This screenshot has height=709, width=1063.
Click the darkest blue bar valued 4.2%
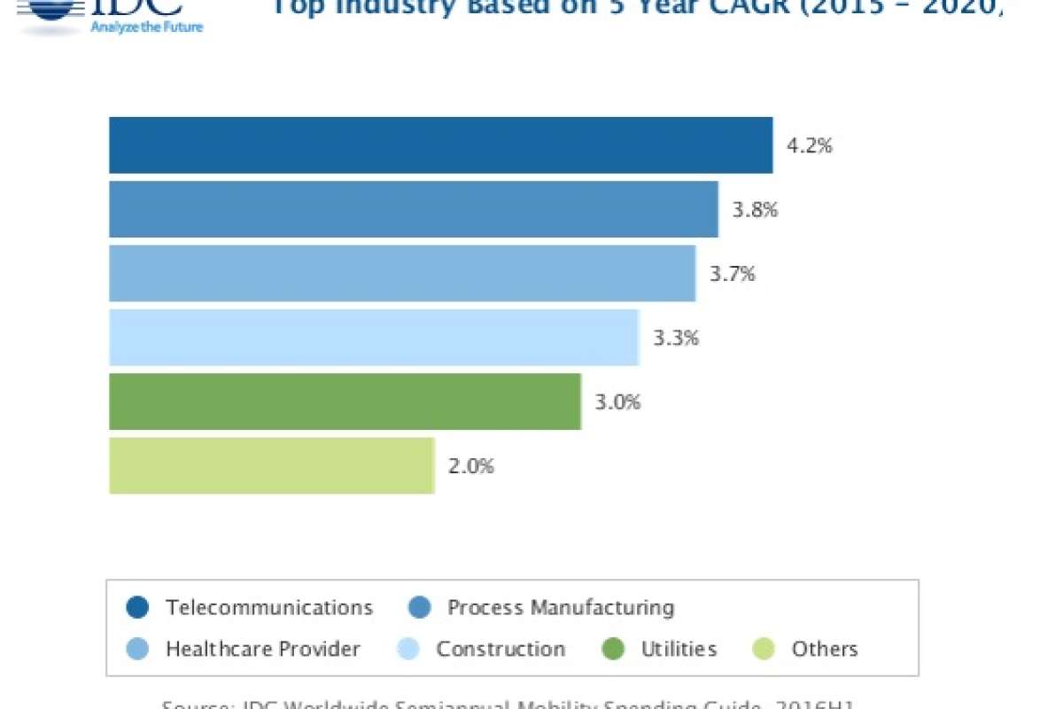[440, 145]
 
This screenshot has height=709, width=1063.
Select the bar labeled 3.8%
[413, 209]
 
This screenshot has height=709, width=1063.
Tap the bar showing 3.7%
[402, 273]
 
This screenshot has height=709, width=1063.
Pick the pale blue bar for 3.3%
[373, 337]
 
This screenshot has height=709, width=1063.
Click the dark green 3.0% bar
[345, 401]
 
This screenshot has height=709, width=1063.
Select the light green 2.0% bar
[271, 465]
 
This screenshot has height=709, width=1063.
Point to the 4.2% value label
[810, 146]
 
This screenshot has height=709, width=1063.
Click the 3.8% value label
[755, 210]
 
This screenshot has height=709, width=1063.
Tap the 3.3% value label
[676, 338]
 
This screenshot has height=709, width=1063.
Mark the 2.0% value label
[471, 466]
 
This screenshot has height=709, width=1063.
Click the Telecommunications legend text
[269, 608]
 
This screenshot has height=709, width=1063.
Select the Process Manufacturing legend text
[561, 608]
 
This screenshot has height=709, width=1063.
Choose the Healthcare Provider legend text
[263, 649]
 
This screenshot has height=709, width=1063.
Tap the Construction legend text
[500, 649]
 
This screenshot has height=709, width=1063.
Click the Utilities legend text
[679, 649]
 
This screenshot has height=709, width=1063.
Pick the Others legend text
[825, 649]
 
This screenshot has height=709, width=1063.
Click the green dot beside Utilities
[613, 649]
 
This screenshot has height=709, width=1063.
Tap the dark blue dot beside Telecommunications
[136, 608]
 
